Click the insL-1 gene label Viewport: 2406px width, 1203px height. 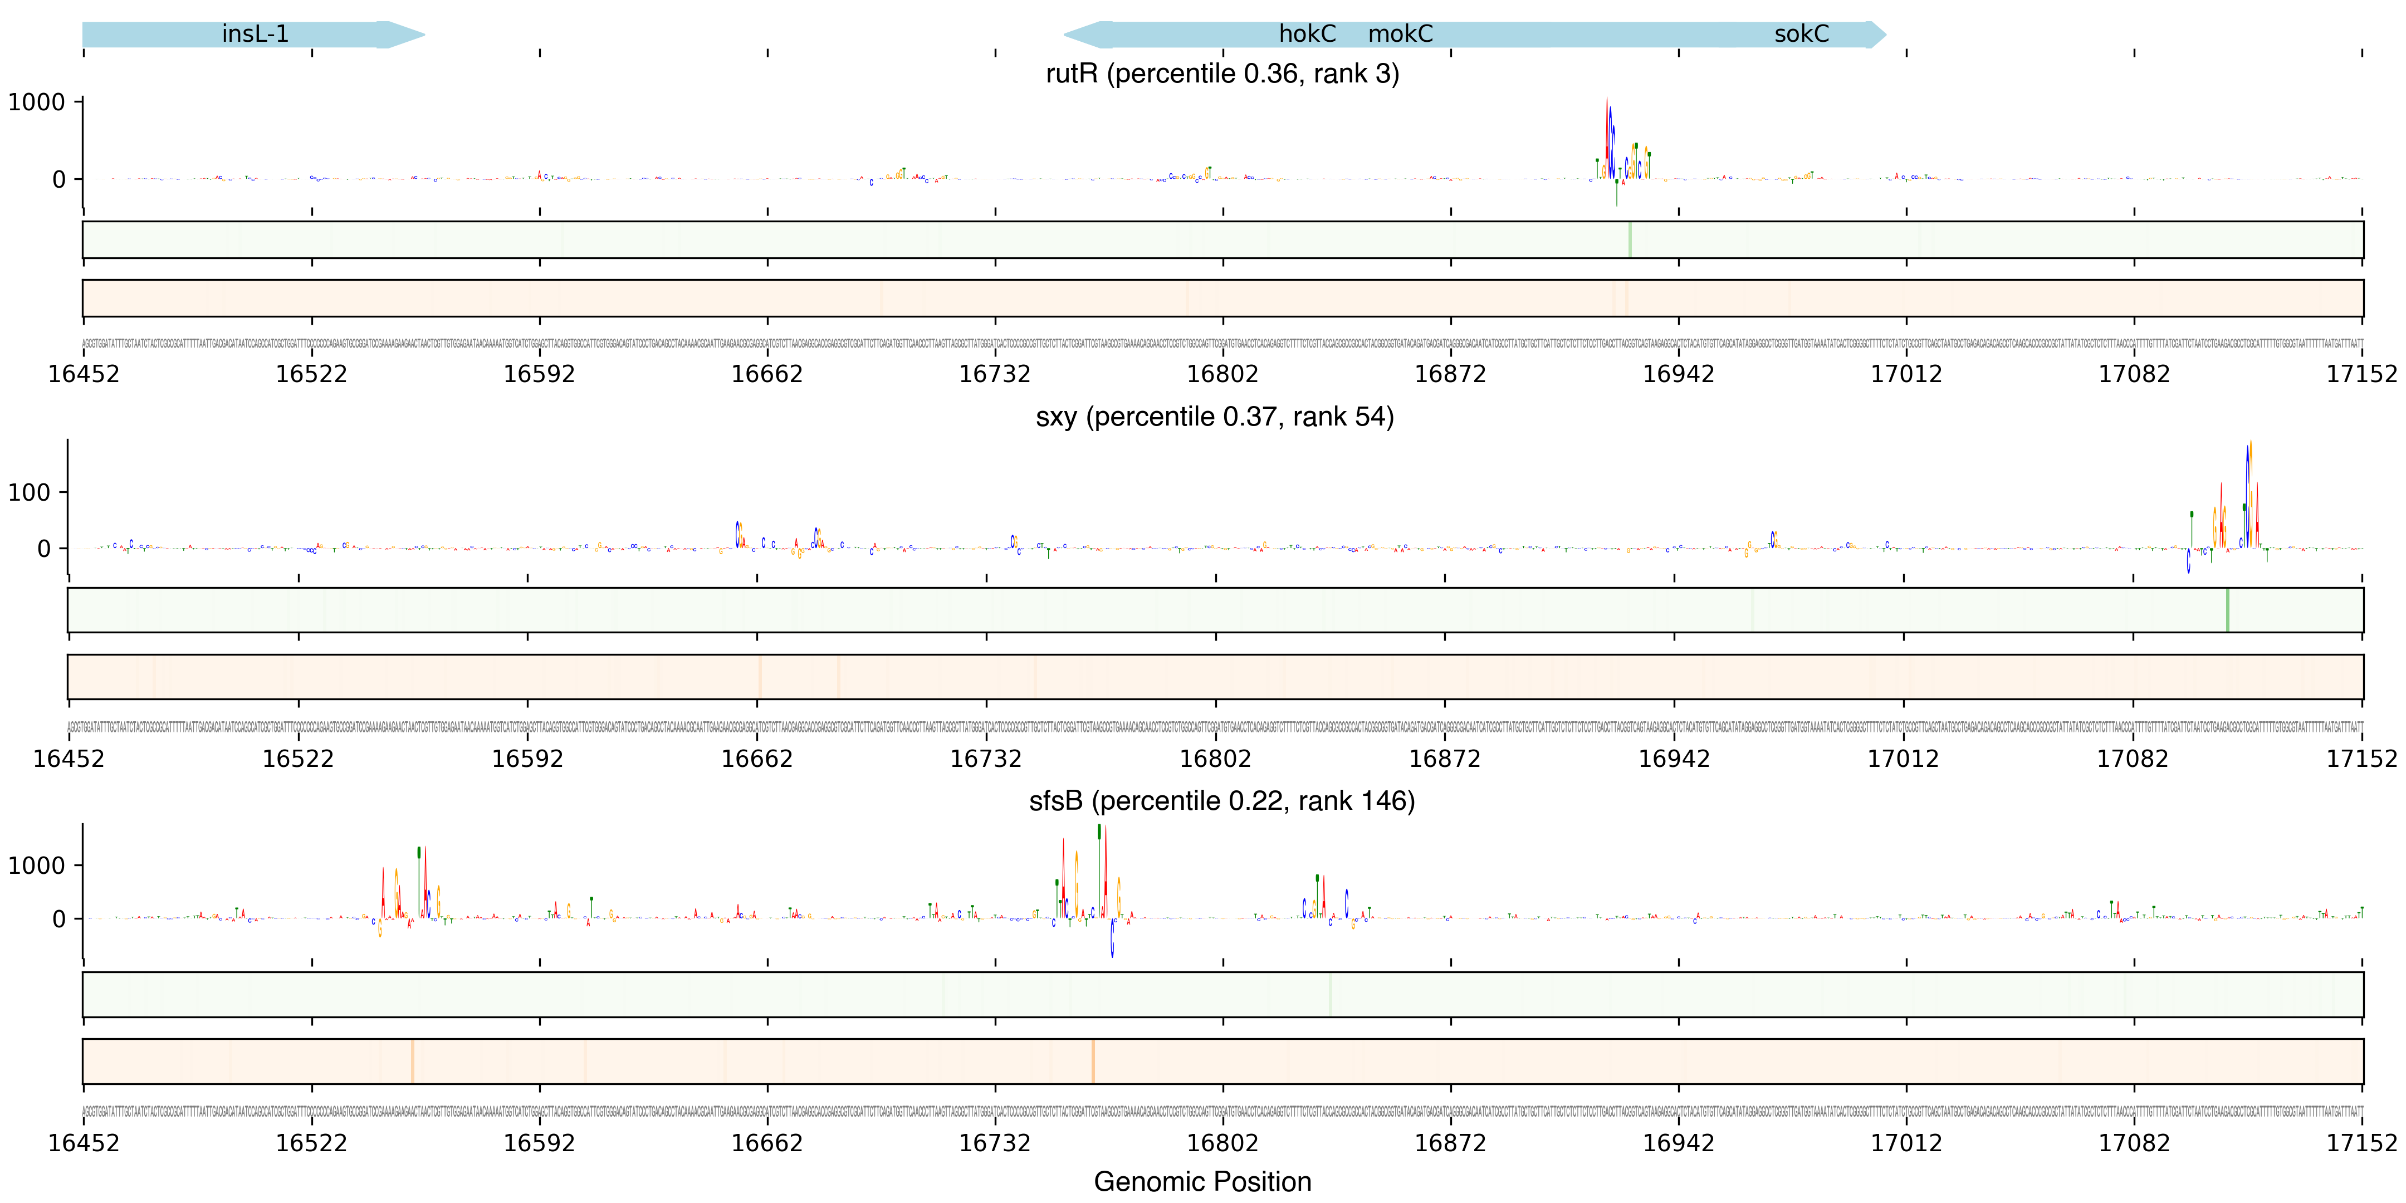pos(255,33)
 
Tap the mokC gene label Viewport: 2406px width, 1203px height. pos(1400,33)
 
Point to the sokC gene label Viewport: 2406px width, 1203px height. pos(1801,33)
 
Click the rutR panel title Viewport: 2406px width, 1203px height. pos(1222,73)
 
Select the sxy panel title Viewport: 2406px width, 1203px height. pos(1214,417)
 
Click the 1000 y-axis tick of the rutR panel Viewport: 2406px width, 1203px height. pos(37,102)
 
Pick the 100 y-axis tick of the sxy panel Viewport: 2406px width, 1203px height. pos(30,492)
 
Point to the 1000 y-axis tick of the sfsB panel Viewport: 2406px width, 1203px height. pos(37,866)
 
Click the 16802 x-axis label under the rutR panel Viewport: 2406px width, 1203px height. pos(1222,374)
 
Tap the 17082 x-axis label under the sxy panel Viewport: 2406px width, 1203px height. pos(2133,759)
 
